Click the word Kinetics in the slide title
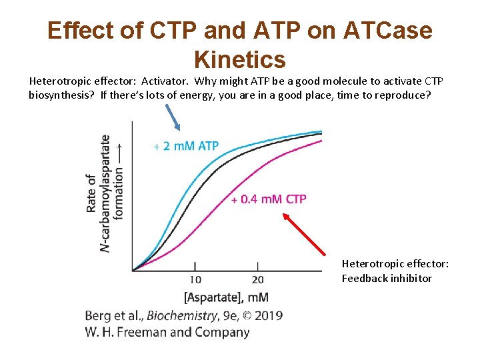tap(239, 59)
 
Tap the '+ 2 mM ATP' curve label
tap(186, 146)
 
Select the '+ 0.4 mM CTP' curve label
tap(269, 199)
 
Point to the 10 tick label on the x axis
tap(195, 279)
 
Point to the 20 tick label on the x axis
tap(257, 279)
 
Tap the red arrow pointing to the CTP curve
tap(314, 234)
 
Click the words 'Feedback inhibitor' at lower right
tap(387, 279)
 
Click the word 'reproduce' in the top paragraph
tap(396, 94)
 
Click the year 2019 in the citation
tap(268, 315)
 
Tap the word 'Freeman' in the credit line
tap(149, 331)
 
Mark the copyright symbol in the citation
tap(247, 315)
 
